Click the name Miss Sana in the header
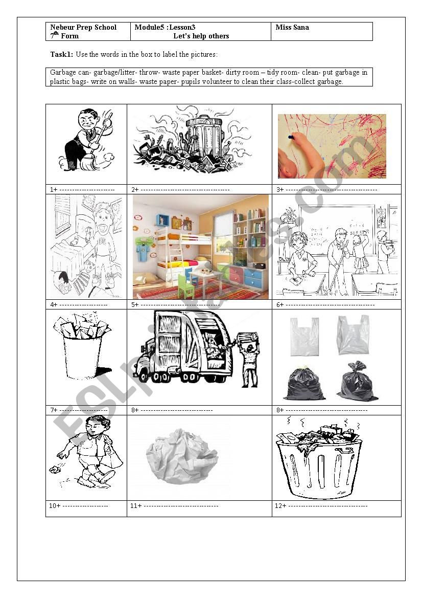pos(292,28)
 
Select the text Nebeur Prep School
pos(83,28)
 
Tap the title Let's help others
pos(201,36)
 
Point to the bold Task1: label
pos(62,54)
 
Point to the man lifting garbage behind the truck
pos(249,358)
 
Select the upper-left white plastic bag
pos(305,336)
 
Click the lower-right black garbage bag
pos(357,382)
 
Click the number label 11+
pos(135,505)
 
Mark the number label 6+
pos(280,304)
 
